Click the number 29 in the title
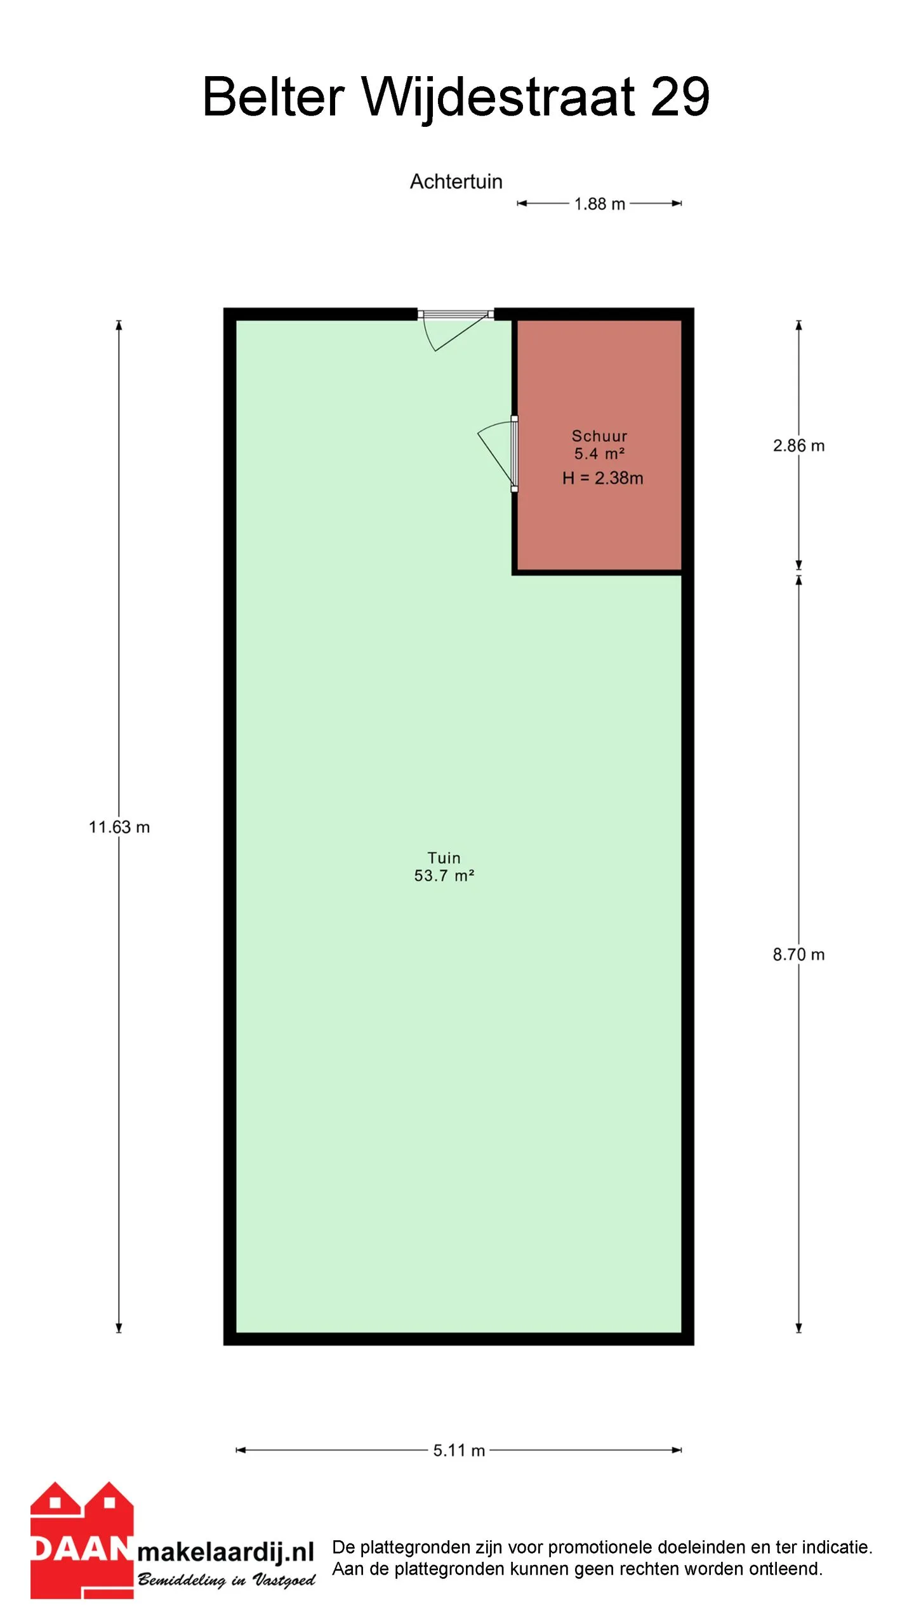pyautogui.click(x=680, y=96)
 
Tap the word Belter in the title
pyautogui.click(x=274, y=96)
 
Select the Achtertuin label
pyautogui.click(x=456, y=181)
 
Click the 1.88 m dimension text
pyautogui.click(x=599, y=204)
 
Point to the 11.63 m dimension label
pyautogui.click(x=119, y=827)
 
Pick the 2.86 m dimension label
pyautogui.click(x=798, y=445)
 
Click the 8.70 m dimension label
pyautogui.click(x=798, y=954)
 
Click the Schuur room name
pyautogui.click(x=599, y=436)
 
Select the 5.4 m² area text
pyautogui.click(x=599, y=454)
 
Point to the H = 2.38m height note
pyautogui.click(x=602, y=478)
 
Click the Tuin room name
pyautogui.click(x=444, y=858)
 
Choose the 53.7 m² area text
pyautogui.click(x=444, y=875)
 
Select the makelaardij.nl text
pyautogui.click(x=226, y=1552)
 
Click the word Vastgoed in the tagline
pyautogui.click(x=284, y=1580)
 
